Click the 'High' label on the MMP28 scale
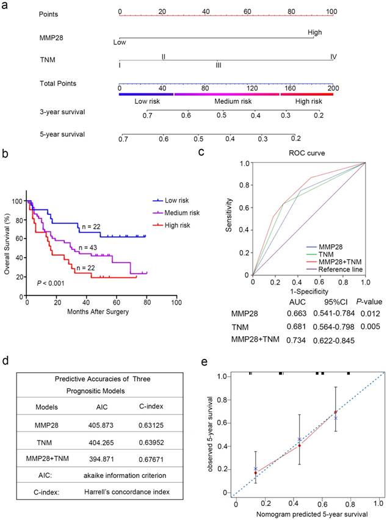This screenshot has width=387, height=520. pos(315,33)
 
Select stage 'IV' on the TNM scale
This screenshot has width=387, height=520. pos(334,57)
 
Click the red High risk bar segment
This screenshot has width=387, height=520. pos(306,94)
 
